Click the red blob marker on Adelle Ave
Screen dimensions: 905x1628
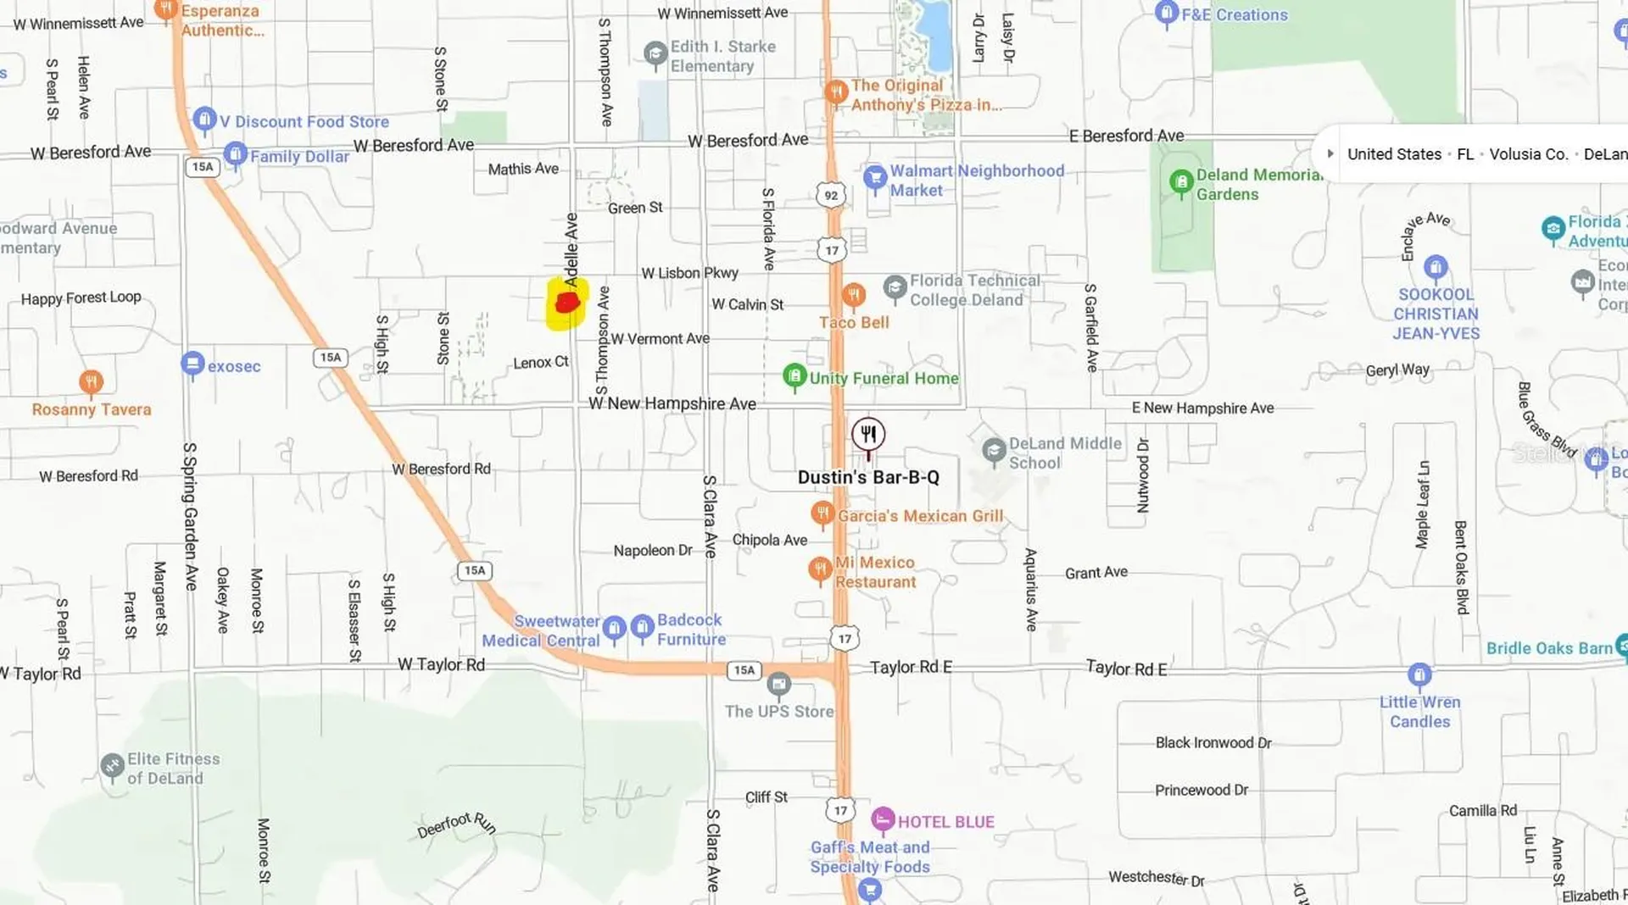[566, 303]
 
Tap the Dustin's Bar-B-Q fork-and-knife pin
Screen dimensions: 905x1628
[868, 435]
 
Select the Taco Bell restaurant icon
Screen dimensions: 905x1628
[854, 295]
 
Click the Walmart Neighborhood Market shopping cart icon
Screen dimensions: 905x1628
[874, 178]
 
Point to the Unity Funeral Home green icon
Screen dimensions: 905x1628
[794, 375]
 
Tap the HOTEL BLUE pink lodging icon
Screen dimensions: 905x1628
[883, 819]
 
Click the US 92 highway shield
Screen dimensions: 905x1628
[831, 196]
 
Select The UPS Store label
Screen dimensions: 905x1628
[779, 712]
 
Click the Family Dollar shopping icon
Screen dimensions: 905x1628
[235, 155]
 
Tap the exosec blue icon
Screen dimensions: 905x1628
[192, 364]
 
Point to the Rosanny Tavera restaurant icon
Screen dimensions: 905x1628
[91, 382]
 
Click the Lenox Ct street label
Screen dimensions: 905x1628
[540, 363]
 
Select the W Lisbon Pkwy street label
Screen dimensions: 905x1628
[689, 273]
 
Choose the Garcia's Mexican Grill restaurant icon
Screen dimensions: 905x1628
[822, 513]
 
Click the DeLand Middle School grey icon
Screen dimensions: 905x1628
[994, 451]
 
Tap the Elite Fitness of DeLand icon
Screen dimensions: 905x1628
[112, 766]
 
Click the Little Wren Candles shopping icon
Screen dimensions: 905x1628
[1419, 675]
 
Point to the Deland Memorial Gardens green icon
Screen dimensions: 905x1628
[1181, 182]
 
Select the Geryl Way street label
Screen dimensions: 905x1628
[1397, 370]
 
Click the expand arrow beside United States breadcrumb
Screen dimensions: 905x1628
[1330, 154]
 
